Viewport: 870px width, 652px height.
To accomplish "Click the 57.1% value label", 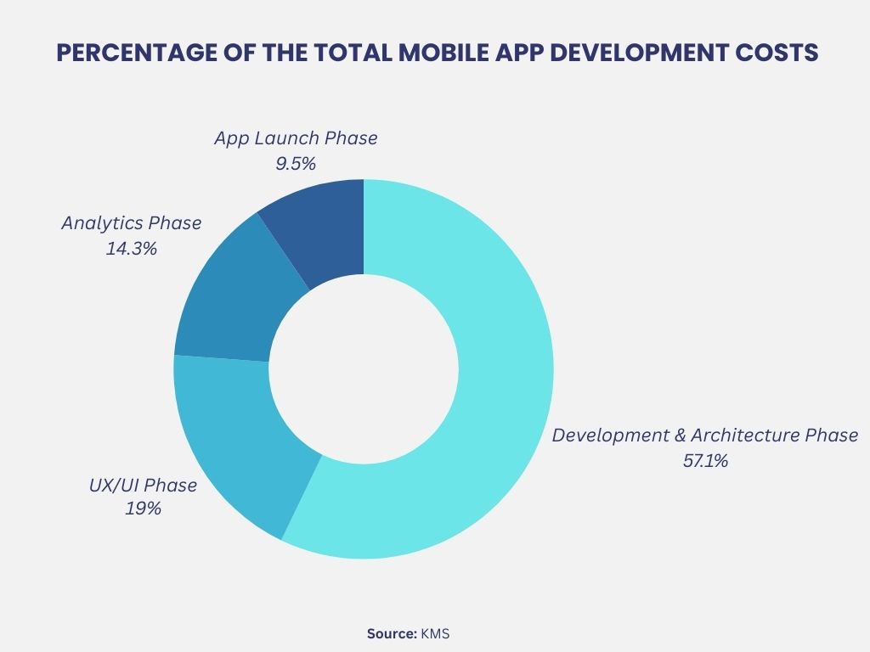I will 705,462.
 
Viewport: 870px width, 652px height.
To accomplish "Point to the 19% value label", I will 143,509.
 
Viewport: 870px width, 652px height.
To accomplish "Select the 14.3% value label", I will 132,249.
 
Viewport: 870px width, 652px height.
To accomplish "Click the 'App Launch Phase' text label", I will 296,138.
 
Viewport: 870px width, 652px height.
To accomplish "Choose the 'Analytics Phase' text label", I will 132,223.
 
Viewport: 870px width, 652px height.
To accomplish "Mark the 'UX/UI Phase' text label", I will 143,486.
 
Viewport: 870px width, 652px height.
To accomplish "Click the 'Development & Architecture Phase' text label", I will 705,436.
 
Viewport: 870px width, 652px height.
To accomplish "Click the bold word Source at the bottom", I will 392,633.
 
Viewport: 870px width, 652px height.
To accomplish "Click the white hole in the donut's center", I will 364,369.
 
